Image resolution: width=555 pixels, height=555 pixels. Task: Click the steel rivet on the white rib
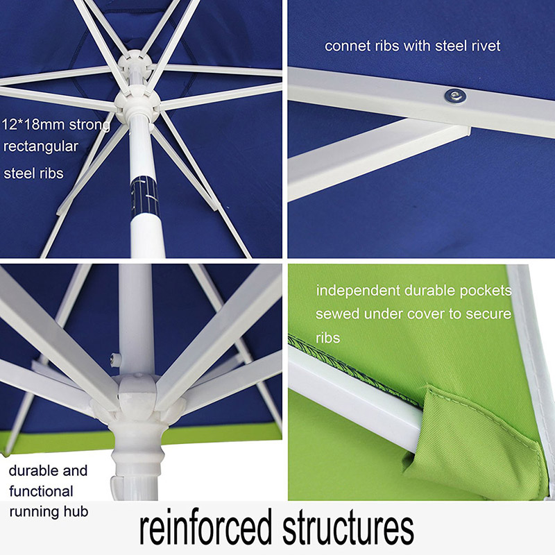tap(455, 96)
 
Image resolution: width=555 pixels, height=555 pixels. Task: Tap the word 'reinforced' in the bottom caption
tap(205, 527)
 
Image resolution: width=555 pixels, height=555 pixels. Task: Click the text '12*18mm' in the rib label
tap(33, 125)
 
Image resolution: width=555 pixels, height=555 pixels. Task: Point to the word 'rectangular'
tap(41, 147)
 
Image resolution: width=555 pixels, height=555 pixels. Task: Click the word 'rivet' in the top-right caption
tap(486, 46)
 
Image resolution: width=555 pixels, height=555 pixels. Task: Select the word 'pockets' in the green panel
tap(486, 291)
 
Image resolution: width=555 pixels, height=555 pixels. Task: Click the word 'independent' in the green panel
tap(358, 291)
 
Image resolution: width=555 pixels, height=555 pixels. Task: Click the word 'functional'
tap(41, 491)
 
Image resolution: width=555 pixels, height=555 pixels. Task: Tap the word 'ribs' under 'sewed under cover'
tap(327, 338)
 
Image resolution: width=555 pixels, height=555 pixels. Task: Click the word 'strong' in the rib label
tap(89, 126)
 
